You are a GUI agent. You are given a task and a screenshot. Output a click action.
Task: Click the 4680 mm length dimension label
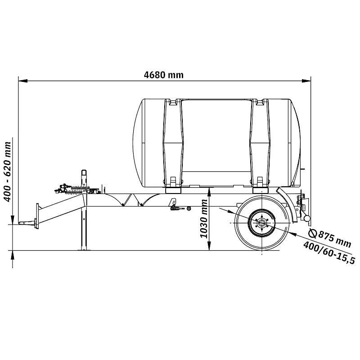point(164,75)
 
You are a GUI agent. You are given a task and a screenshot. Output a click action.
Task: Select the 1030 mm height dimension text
point(204,219)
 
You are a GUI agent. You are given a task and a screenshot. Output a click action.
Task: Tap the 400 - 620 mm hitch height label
point(7,172)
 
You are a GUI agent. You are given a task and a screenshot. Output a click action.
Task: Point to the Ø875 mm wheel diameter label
point(330,238)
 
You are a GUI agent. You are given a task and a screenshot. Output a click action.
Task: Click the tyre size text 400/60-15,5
point(329,252)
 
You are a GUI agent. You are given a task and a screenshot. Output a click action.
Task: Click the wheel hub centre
point(261,223)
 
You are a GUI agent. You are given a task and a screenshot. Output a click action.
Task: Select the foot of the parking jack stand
point(84,249)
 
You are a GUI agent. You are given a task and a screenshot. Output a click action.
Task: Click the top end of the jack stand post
point(84,171)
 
